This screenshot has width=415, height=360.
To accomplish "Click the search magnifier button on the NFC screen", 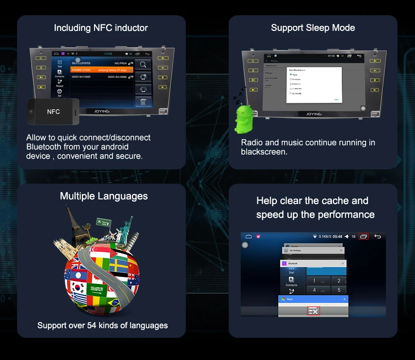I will coord(143,64).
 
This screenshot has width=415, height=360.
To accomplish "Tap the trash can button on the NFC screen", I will coord(143,101).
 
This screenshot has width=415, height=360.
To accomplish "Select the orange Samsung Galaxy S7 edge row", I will coord(102,70).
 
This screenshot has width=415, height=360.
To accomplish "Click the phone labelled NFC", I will coord(53,112).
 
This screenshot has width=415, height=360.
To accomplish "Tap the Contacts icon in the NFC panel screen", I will coord(60,73).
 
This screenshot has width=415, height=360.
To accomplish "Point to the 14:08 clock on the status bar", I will coord(108,54).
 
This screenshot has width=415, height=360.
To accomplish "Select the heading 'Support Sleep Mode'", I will coord(313,28).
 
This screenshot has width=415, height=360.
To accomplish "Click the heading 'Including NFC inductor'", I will coord(101,28).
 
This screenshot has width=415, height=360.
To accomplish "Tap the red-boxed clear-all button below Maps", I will coord(314,312).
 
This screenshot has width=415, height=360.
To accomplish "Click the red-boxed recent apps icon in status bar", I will coord(363,236).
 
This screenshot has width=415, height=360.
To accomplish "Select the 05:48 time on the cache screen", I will coord(338,237).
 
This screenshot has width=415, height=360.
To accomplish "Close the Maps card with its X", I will coord(344,299).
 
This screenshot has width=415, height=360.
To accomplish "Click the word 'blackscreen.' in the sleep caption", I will coord(264,152).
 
